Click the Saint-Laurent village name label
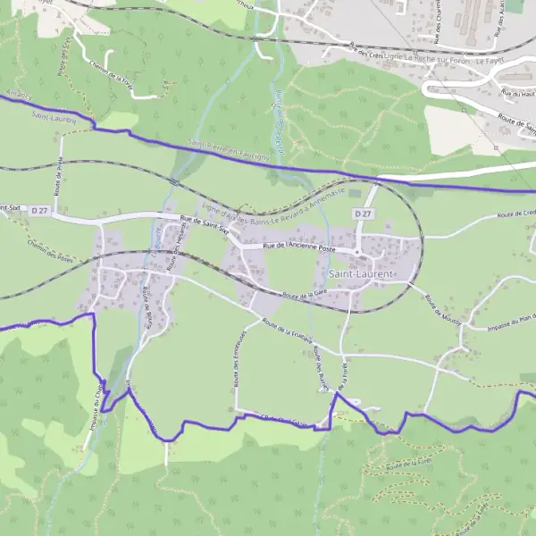point(361,273)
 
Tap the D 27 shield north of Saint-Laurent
point(362,214)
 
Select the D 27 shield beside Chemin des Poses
point(38,210)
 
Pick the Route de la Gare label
point(304,294)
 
